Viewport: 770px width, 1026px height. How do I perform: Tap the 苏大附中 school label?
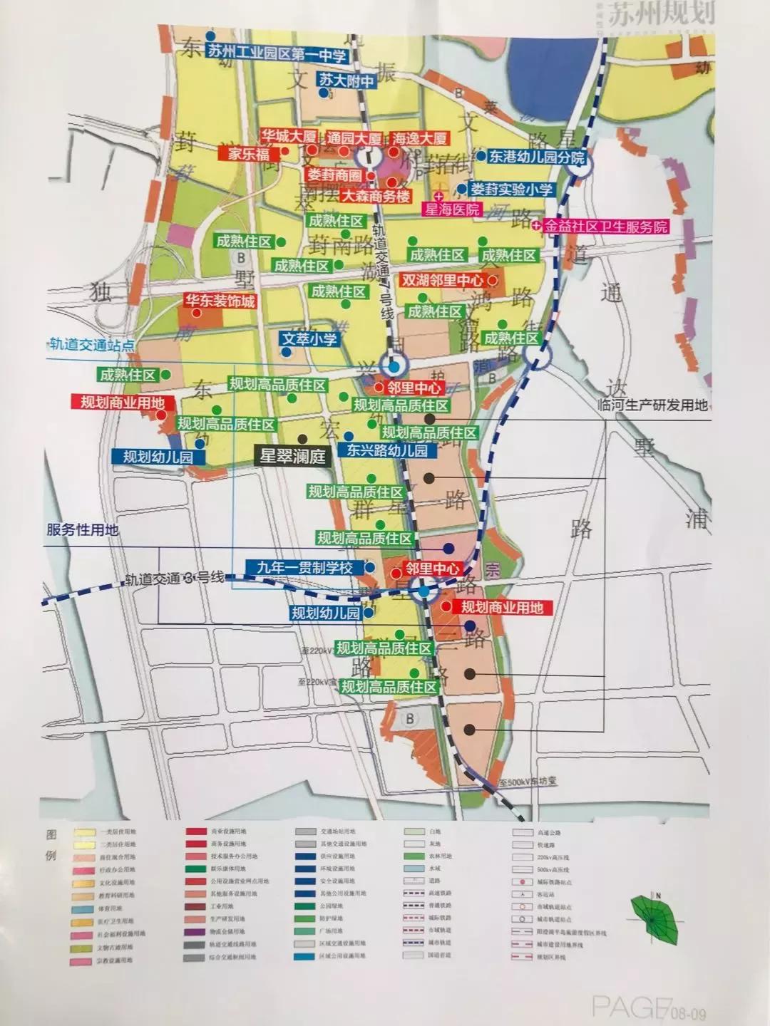pos(347,81)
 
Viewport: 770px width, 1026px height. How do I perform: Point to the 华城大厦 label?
pos(288,136)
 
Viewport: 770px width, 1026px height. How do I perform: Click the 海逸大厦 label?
pos(419,138)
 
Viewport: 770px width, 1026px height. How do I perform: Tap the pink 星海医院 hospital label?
pos(452,210)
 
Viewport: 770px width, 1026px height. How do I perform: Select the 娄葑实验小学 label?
pos(511,190)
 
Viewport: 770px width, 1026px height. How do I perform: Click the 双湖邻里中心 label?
pos(442,281)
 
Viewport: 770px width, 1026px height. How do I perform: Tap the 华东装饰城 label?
pos(220,301)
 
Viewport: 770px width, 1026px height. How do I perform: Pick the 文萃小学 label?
pos(309,339)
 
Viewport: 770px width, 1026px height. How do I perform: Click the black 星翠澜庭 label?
pos(292,457)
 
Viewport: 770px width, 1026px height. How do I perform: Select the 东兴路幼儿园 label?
pos(387,451)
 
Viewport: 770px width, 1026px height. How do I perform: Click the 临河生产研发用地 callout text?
pos(653,405)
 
